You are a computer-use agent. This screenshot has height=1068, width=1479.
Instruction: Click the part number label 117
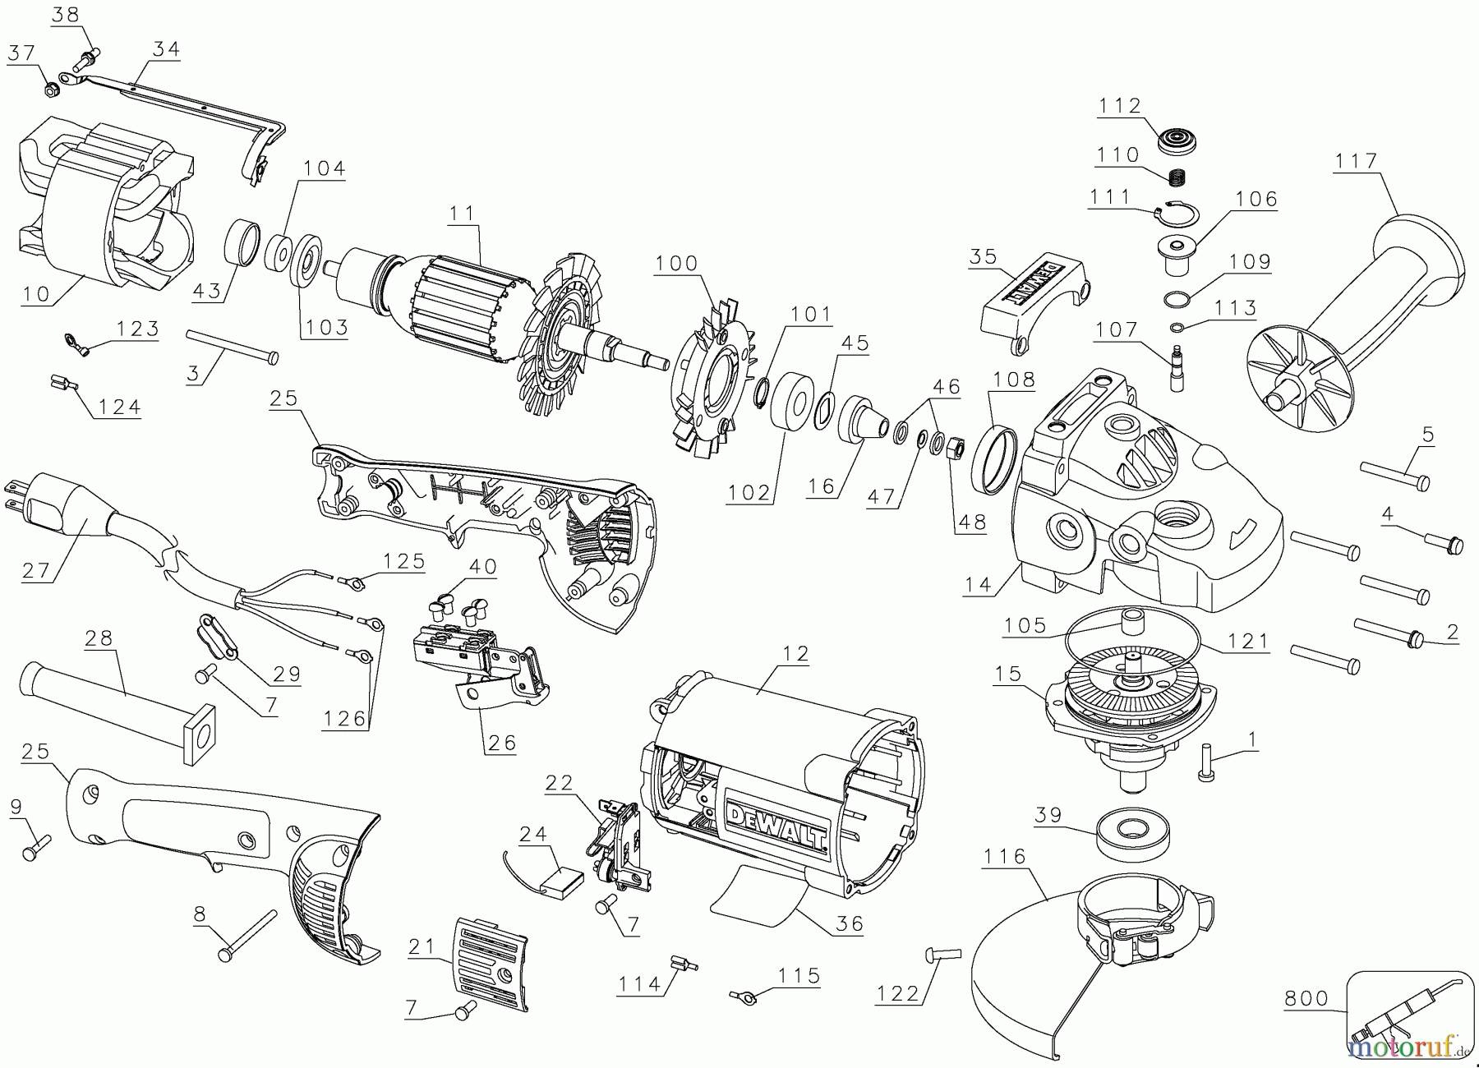coord(1356,160)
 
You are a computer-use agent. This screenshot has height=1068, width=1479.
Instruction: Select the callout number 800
coord(1306,998)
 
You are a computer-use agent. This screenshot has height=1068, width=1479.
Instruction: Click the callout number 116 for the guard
coord(1005,857)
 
